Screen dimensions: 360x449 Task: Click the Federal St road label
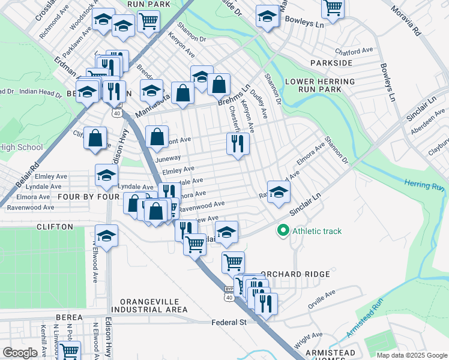point(229,322)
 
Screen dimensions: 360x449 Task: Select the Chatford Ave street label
point(355,51)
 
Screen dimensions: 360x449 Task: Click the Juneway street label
point(167,158)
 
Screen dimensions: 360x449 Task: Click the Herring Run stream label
point(424,185)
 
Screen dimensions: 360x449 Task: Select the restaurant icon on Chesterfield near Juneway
point(238,143)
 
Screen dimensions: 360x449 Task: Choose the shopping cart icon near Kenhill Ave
point(69,350)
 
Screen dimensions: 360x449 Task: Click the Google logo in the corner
point(20,352)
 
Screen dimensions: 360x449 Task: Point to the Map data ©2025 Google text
point(411,355)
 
